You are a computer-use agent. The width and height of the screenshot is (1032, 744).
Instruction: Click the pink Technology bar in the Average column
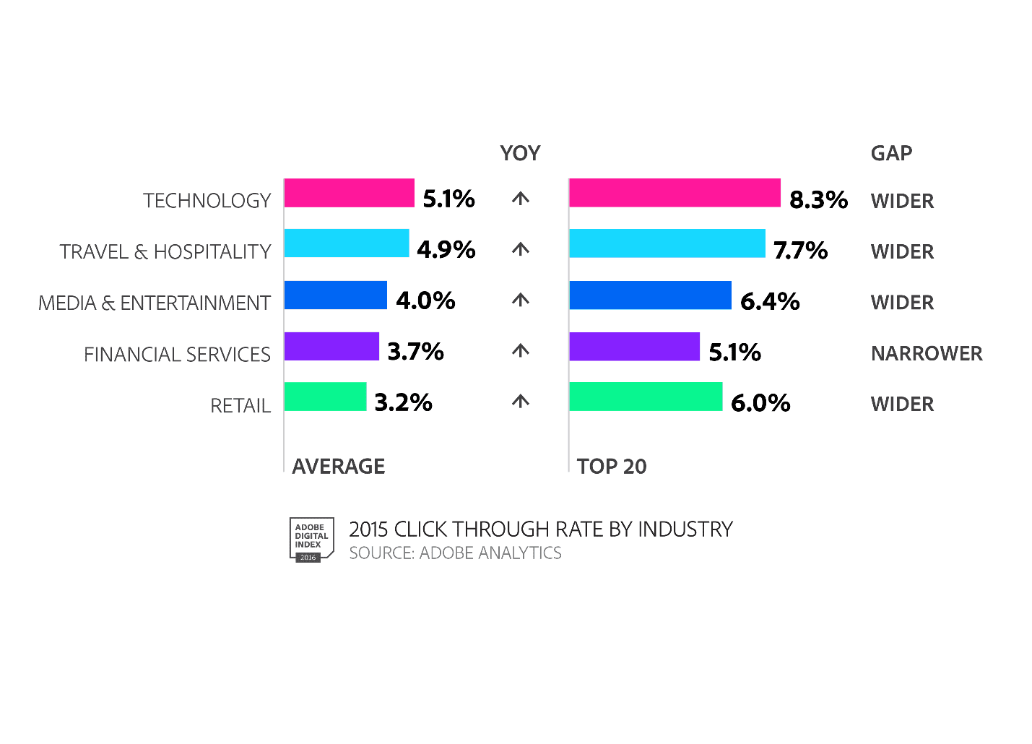(349, 193)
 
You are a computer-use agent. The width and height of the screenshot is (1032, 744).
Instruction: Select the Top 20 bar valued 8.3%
(675, 193)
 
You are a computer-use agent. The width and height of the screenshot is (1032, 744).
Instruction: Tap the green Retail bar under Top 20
(646, 397)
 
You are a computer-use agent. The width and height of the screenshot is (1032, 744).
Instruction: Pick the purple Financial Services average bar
(331, 346)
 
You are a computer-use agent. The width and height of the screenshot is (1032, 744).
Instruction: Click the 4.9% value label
(446, 249)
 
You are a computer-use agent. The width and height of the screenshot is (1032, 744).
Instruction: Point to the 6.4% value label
(770, 301)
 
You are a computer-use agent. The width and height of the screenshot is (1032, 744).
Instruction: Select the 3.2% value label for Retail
(403, 402)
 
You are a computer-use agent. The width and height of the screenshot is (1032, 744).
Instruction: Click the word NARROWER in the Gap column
(927, 353)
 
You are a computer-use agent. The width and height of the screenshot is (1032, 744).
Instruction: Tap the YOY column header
(520, 153)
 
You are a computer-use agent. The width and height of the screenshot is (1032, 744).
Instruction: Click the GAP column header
(891, 153)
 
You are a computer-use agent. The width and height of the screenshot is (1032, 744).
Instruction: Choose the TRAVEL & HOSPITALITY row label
(165, 251)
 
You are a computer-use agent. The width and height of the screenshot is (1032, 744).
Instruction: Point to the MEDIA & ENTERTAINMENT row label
(155, 303)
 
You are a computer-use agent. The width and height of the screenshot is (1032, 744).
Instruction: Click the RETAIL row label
(240, 406)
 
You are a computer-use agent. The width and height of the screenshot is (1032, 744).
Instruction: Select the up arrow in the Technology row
(521, 199)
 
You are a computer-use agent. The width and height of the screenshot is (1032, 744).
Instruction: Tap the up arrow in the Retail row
(521, 402)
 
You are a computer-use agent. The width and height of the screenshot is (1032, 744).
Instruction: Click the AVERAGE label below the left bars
(338, 466)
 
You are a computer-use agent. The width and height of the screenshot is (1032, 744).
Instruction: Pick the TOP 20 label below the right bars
(612, 466)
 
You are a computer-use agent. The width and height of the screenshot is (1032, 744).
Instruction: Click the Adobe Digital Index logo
(311, 539)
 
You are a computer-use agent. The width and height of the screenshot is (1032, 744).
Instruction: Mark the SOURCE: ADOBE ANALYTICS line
(455, 553)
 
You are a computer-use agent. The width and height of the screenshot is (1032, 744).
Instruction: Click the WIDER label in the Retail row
(902, 404)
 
